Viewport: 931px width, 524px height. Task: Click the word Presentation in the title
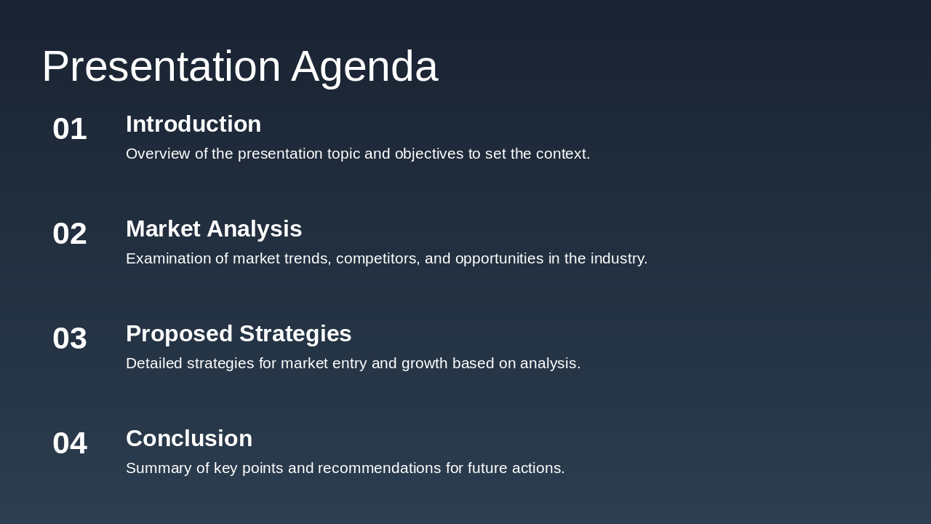(x=161, y=66)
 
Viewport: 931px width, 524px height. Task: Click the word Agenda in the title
(x=364, y=66)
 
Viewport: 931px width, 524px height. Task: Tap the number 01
(x=70, y=129)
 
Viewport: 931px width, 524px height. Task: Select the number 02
(x=70, y=234)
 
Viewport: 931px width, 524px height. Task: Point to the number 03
(x=70, y=338)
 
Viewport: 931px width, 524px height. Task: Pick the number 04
(x=70, y=443)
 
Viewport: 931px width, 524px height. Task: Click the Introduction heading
(x=193, y=124)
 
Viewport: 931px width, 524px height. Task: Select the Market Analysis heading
(x=214, y=229)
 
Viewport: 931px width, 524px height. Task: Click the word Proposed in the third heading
(x=179, y=334)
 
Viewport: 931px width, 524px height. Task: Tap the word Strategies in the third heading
(x=295, y=334)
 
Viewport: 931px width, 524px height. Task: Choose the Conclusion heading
(x=189, y=439)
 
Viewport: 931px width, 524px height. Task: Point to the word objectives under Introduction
(x=428, y=154)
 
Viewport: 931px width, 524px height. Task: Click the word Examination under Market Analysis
(x=168, y=259)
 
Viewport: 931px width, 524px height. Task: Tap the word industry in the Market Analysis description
(x=618, y=259)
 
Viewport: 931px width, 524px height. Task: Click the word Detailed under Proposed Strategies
(x=154, y=364)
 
